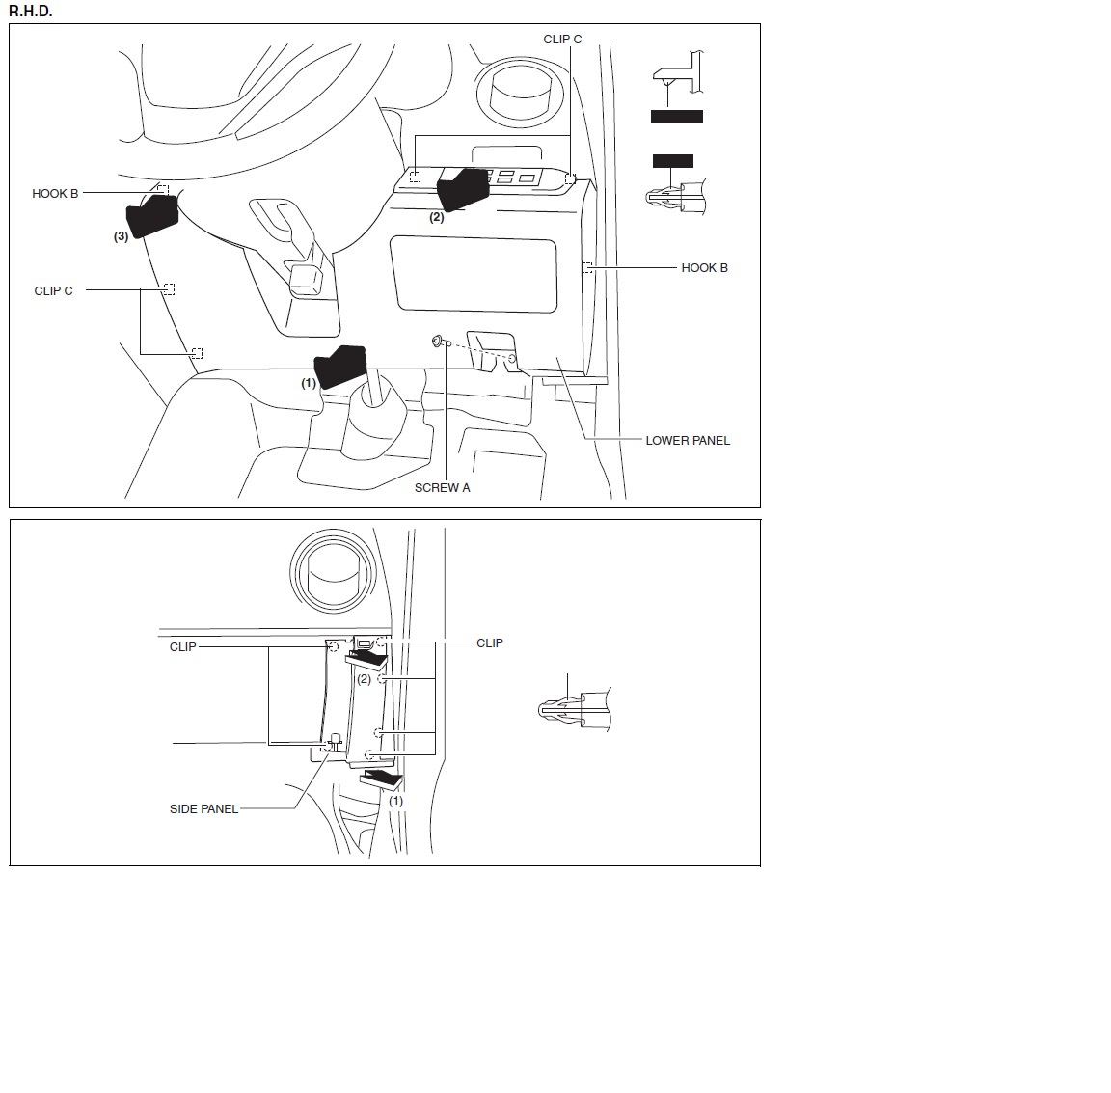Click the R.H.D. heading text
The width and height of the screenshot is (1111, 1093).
click(31, 12)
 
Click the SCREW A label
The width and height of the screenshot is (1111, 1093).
click(442, 488)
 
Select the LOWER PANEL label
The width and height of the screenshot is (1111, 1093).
click(688, 440)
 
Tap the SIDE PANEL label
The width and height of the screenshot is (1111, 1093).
click(203, 808)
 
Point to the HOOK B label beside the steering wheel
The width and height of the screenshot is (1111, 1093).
click(55, 194)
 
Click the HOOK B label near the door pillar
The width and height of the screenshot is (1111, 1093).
click(704, 268)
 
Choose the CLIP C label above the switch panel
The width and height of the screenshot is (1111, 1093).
click(562, 39)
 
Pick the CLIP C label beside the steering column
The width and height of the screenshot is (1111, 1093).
click(53, 290)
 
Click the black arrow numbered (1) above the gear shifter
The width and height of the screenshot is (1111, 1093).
click(340, 365)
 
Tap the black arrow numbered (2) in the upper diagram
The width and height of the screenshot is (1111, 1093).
click(463, 188)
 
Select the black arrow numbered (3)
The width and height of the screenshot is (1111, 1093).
click(151, 216)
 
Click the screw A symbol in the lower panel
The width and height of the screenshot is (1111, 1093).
click(437, 342)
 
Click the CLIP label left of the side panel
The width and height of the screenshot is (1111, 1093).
click(183, 646)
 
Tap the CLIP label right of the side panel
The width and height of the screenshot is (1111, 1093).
click(490, 642)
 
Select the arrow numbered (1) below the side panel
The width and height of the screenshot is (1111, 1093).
click(382, 779)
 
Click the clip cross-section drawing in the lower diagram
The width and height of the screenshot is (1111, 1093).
click(575, 709)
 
